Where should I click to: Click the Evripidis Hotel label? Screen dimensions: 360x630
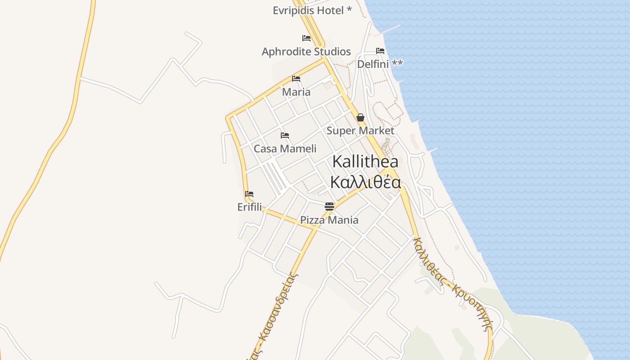tap(308, 10)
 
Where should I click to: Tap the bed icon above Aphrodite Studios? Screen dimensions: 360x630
tap(306, 38)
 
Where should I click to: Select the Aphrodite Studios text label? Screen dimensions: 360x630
tap(306, 52)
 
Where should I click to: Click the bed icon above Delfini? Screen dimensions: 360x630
tap(380, 51)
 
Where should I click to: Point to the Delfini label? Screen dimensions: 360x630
tap(373, 64)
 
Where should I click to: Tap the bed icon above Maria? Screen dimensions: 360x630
tap(296, 79)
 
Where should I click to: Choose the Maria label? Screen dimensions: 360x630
tap(296, 92)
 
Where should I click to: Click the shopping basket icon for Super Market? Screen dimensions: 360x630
tap(360, 118)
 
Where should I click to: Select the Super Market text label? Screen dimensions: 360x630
tap(360, 131)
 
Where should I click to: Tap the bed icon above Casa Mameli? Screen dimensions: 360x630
tap(285, 135)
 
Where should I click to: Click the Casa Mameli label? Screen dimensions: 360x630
tap(285, 148)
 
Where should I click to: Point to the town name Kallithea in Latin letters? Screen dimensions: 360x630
tap(365, 162)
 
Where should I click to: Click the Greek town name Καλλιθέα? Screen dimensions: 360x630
tap(365, 182)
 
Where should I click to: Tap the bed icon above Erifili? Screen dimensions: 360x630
tap(249, 194)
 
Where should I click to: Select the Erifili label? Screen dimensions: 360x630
tap(249, 207)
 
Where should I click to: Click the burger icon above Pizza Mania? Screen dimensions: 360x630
tap(329, 207)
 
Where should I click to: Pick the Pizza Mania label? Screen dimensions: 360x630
tap(329, 220)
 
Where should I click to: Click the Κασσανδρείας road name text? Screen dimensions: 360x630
tap(279, 310)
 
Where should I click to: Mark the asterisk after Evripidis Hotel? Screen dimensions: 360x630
tap(349, 9)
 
